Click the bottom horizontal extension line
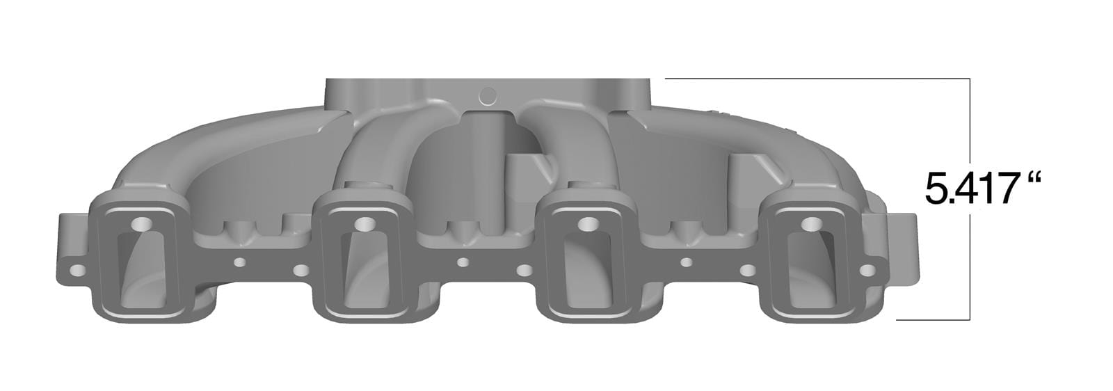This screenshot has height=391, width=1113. [932, 320]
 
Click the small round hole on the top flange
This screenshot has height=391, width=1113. [488, 94]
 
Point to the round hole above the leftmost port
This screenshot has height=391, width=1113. [142, 224]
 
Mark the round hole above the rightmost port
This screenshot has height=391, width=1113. [811, 224]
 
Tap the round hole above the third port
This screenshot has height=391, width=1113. [588, 224]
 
